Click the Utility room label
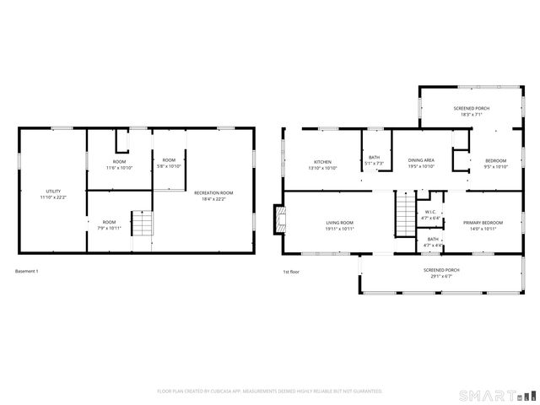(x=52, y=195)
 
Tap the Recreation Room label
(x=213, y=195)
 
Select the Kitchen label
(x=322, y=163)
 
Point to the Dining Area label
(x=421, y=163)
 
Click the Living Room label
(x=340, y=226)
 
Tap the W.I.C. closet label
(x=430, y=215)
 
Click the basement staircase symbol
(x=142, y=224)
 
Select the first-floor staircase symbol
(x=407, y=208)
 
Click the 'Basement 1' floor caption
(x=27, y=271)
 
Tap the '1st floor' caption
(x=291, y=271)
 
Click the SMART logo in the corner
(x=496, y=395)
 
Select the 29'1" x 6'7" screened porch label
(x=438, y=273)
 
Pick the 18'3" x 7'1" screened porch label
(x=471, y=111)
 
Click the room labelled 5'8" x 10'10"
(x=169, y=163)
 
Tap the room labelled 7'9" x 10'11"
(x=110, y=225)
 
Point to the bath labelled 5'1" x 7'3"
(x=374, y=160)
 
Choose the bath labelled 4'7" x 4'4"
(x=433, y=241)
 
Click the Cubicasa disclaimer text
(x=270, y=391)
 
